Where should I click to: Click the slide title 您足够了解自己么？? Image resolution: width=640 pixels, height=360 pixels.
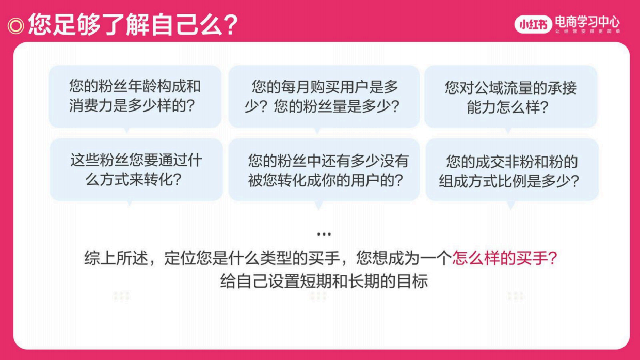coord(133,24)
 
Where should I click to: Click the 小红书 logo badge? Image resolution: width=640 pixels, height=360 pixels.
coord(533,24)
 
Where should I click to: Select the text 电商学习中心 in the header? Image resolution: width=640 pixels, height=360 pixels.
coord(587,21)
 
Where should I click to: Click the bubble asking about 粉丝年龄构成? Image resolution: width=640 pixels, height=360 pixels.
coord(135,96)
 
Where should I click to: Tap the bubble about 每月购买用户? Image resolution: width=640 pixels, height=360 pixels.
coord(324,96)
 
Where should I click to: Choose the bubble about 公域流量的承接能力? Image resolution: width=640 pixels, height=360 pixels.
coord(510,96)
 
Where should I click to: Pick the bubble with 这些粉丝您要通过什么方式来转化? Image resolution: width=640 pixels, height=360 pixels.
coord(136,169)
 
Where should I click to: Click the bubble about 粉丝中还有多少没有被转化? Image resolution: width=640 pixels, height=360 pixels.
coord(324,169)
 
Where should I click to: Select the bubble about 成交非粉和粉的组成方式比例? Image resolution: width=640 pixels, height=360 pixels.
coord(511,169)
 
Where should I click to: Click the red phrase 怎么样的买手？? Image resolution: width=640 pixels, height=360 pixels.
coord(504,258)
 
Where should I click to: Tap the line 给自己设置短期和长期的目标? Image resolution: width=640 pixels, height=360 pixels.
coord(324,281)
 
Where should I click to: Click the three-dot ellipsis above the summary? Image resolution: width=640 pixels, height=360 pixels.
coord(324,234)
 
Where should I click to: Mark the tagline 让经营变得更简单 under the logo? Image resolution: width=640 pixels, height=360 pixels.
coord(587,32)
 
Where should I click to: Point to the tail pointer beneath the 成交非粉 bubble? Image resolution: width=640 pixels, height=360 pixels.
coord(511,205)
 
